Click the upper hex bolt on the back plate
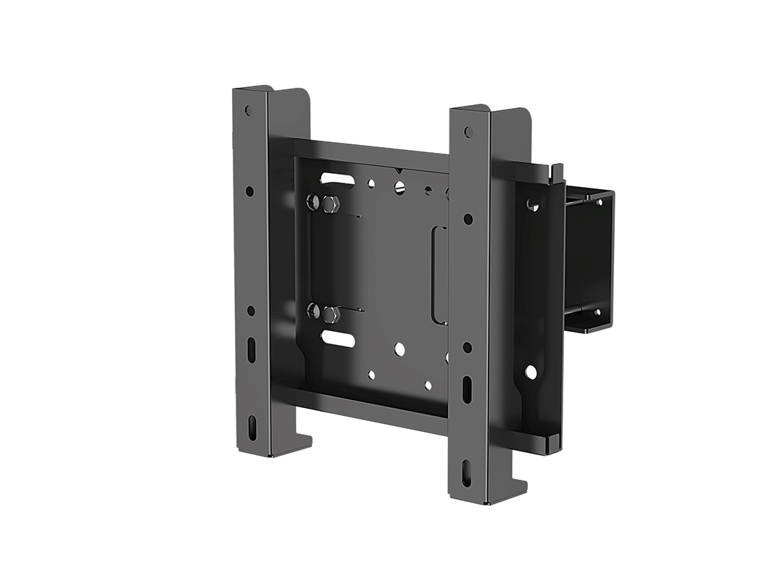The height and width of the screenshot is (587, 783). click(330, 204)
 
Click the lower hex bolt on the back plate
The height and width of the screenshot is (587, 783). click(331, 314)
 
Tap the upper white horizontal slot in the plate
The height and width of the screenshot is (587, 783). click(338, 178)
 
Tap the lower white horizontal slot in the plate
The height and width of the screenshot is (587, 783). click(338, 338)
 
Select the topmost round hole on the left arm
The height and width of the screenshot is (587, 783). click(249, 111)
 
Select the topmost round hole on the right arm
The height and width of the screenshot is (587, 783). click(468, 132)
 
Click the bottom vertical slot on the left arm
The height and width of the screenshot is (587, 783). click(252, 427)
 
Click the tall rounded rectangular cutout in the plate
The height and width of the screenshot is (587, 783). click(439, 275)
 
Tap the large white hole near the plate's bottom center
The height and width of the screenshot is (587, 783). click(399, 349)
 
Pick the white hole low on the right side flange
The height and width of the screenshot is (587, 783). click(531, 372)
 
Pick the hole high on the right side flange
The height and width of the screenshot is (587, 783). click(533, 206)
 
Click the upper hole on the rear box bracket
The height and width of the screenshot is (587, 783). click(599, 202)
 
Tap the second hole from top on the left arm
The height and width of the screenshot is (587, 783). click(249, 191)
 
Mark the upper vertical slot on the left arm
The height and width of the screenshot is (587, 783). click(251, 350)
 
